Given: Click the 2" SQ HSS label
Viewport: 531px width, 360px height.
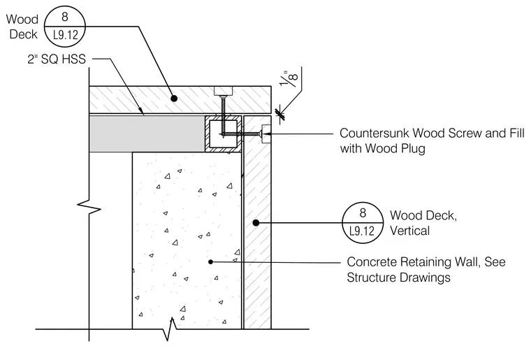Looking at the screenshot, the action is [57, 59].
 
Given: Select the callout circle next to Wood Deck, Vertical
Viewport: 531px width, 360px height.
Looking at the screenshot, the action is [363, 222].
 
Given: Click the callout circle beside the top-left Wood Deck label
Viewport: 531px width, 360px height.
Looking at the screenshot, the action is [65, 26].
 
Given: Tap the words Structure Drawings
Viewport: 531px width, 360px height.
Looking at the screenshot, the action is [398, 278].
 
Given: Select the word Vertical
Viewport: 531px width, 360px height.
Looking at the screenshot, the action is [409, 231].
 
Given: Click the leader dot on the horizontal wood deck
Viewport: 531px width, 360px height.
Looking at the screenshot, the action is [174, 99].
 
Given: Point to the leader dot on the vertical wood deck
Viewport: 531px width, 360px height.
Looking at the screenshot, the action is [256, 222].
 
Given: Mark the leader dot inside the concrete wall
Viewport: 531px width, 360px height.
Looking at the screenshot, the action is [210, 262].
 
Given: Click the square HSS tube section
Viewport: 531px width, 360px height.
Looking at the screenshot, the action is [223, 134].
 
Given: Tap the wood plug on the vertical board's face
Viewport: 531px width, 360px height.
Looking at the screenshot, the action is [266, 134].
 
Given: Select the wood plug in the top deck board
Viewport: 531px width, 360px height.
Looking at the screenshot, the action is [223, 91].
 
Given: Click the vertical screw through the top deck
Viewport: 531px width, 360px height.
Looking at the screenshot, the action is [222, 115].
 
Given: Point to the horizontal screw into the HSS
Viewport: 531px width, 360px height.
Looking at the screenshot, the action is [242, 134].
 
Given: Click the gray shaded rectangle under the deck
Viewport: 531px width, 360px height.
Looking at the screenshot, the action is [147, 134].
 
